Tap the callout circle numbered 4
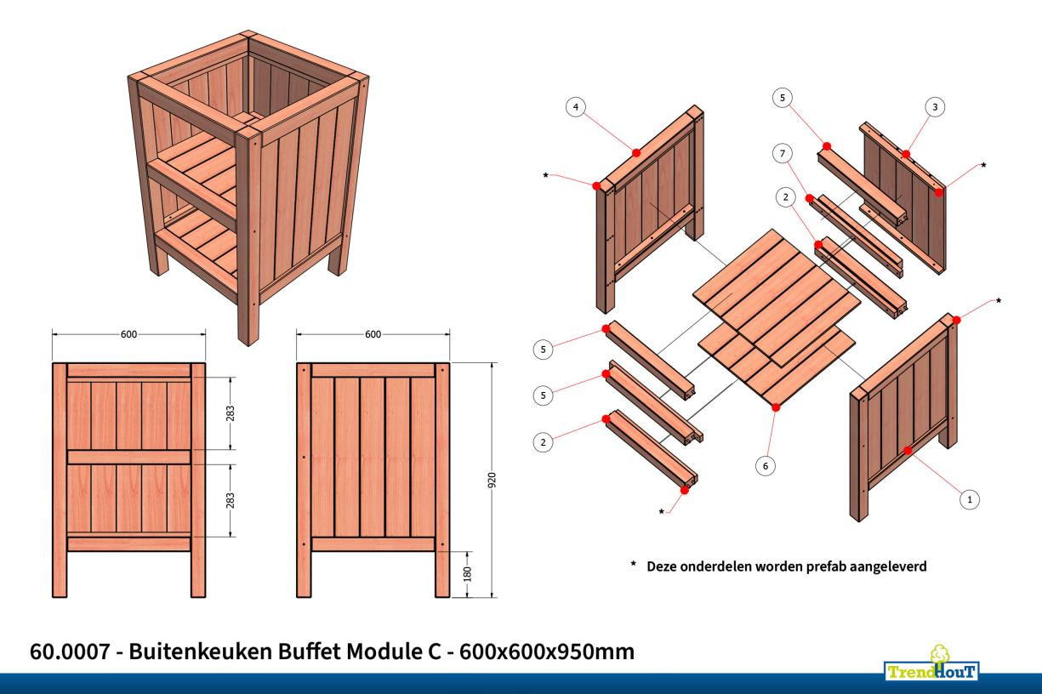577,107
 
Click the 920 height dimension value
492,480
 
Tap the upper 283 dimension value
231,413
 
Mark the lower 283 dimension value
231,499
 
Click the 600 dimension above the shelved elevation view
128,334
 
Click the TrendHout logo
934,664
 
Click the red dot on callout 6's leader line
775,408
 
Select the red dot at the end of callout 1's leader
908,450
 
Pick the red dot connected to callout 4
636,153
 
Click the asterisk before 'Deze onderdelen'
633,564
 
